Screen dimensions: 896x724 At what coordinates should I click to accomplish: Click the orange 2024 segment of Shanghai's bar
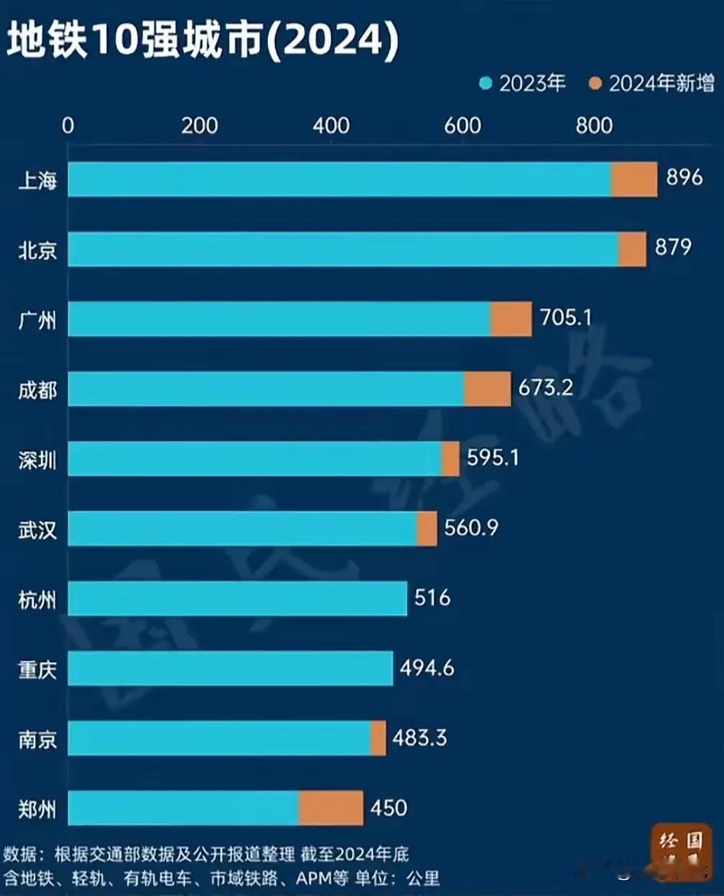(634, 179)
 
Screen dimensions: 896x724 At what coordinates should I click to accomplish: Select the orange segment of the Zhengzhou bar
(330, 808)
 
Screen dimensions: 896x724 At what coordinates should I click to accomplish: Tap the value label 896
(684, 177)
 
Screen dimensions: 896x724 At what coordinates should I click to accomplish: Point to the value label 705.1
(566, 317)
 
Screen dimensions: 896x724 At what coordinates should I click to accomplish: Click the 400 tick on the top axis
(330, 126)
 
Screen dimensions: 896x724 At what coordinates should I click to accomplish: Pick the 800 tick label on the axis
(594, 126)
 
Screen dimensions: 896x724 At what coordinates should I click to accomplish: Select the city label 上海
(37, 180)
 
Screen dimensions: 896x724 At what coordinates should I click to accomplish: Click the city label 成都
(37, 390)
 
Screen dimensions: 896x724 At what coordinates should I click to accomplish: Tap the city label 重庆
(37, 670)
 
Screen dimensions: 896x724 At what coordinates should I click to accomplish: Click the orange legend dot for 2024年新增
(595, 84)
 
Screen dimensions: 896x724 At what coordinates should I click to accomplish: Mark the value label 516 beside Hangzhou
(432, 598)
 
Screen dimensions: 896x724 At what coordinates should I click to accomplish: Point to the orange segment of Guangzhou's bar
(511, 319)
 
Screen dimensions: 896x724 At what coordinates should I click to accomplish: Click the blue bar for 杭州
(237, 599)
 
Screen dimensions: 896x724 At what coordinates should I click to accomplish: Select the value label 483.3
(420, 738)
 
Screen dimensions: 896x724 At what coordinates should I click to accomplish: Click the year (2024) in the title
(332, 40)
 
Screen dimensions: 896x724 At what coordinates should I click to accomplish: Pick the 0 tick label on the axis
(68, 126)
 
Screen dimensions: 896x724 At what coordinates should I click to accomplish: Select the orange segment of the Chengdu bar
(487, 389)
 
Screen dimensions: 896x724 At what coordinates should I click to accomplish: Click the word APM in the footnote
(314, 878)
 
